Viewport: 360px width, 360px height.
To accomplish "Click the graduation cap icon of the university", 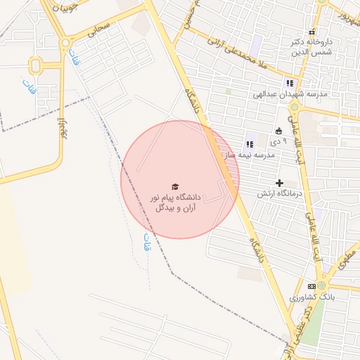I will [175, 186].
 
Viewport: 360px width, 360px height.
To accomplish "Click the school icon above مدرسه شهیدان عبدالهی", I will [289, 83].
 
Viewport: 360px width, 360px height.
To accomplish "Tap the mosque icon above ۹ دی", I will [278, 130].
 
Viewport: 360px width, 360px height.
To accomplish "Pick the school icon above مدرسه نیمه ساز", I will [250, 144].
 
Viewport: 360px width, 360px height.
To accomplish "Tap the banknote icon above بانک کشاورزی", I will [311, 287].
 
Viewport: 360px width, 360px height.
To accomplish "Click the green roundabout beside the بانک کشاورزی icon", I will [323, 286].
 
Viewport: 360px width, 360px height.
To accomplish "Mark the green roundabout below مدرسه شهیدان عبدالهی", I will [295, 107].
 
